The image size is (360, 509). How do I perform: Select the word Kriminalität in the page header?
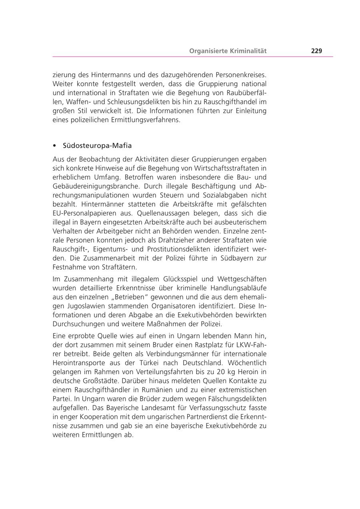(x=248, y=51)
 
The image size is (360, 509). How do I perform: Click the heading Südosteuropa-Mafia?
(x=97, y=145)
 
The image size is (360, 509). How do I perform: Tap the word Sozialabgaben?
(x=225, y=195)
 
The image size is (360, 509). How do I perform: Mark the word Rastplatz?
(x=215, y=345)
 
